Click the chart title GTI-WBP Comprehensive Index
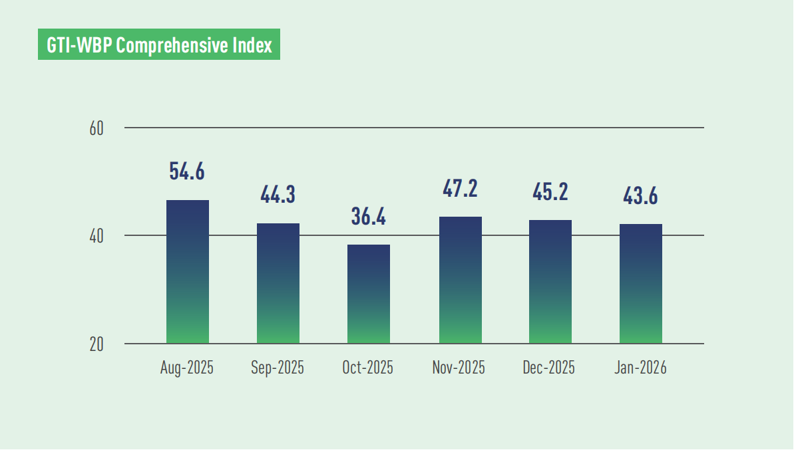pyautogui.click(x=159, y=46)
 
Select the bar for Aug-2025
pyautogui.click(x=187, y=272)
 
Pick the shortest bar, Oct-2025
pyautogui.click(x=368, y=294)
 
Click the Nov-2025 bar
pyautogui.click(x=460, y=280)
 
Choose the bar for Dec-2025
pyautogui.click(x=550, y=282)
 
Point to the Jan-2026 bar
pyautogui.click(x=640, y=284)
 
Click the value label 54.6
pyautogui.click(x=187, y=171)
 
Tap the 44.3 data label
pyautogui.click(x=278, y=195)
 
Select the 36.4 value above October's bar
pyautogui.click(x=368, y=217)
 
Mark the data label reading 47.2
pyautogui.click(x=460, y=188)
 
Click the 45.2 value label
pyautogui.click(x=550, y=191)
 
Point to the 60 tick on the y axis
pyautogui.click(x=97, y=128)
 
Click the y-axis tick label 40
pyautogui.click(x=97, y=236)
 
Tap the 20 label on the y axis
pyautogui.click(x=97, y=344)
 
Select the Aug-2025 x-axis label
pyautogui.click(x=187, y=368)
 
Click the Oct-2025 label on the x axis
pyautogui.click(x=368, y=368)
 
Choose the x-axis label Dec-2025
pyautogui.click(x=550, y=368)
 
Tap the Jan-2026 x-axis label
pyautogui.click(x=640, y=368)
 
